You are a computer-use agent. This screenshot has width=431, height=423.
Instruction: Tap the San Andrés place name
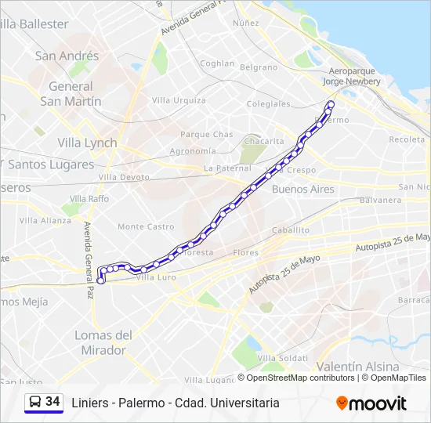click(x=67, y=56)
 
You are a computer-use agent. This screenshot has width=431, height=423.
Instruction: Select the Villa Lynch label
click(x=87, y=143)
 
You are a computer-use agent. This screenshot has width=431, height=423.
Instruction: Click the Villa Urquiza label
click(x=179, y=100)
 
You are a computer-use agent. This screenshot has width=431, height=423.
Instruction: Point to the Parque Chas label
click(x=206, y=135)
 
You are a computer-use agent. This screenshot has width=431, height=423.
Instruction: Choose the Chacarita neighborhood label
click(x=263, y=141)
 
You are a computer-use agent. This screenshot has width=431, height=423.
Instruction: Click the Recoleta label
click(x=407, y=139)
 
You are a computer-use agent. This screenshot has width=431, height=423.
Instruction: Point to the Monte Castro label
click(x=146, y=226)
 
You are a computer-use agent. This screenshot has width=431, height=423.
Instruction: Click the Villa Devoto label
click(x=123, y=178)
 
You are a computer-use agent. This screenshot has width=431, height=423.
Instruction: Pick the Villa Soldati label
click(x=282, y=357)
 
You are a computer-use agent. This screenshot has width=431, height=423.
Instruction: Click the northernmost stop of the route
click(x=331, y=104)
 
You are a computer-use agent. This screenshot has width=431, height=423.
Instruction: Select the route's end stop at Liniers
click(x=101, y=280)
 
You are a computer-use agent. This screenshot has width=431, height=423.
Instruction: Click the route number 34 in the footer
click(x=53, y=402)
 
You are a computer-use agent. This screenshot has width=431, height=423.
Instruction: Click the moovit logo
click(x=371, y=403)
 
